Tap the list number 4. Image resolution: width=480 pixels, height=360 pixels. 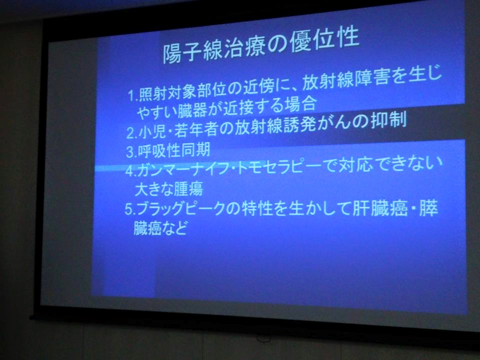[x=130, y=171]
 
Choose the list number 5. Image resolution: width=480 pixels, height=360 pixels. [x=129, y=209]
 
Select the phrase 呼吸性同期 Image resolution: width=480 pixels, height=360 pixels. [x=173, y=150]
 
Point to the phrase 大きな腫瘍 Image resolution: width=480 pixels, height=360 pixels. [x=168, y=189]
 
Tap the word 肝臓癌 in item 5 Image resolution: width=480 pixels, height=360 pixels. [x=380, y=208]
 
